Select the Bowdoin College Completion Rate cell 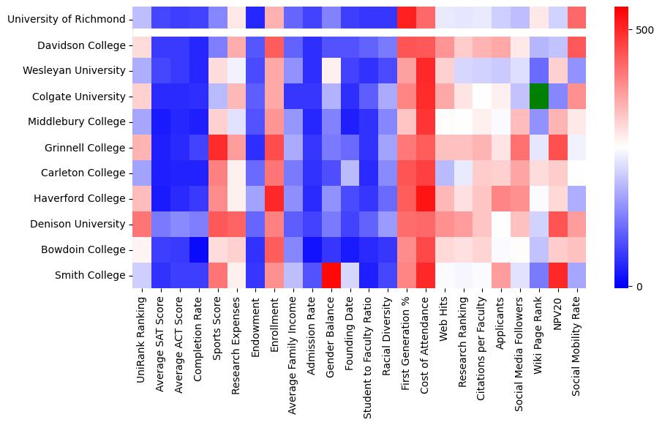(198, 249)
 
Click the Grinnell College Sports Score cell (217, 148)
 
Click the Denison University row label (76, 224)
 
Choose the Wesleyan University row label (72, 71)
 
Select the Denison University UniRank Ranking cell (141, 224)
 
